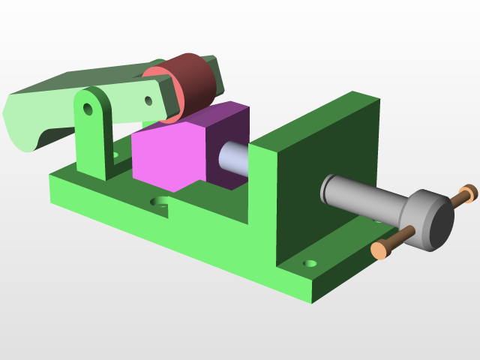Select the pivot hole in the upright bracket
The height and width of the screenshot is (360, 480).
pos(88,109)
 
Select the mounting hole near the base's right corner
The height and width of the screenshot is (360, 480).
pos(310,265)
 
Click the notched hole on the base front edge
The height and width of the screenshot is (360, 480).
pos(160,202)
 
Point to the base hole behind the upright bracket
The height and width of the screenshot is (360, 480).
pos(115,157)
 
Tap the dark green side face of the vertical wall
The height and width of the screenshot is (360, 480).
pos(326,180)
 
